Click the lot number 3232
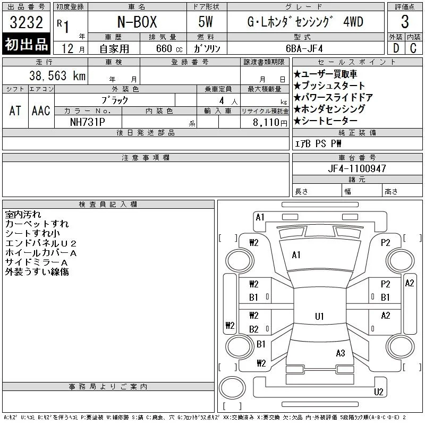(x=26, y=22)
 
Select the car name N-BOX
(x=137, y=22)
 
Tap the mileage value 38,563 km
(x=57, y=76)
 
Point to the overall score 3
(x=405, y=22)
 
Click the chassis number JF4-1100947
(x=357, y=168)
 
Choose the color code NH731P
(x=87, y=122)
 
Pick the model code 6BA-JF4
(x=304, y=48)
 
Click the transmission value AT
(x=15, y=110)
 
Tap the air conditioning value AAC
(x=41, y=110)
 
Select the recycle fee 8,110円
(x=270, y=123)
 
